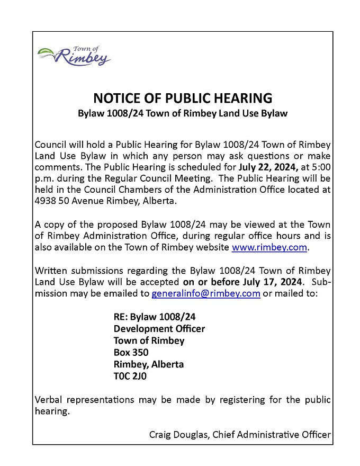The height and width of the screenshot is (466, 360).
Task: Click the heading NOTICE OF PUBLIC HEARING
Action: pyautogui.click(x=183, y=98)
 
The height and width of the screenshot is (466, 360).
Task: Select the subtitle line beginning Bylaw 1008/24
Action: pyautogui.click(x=183, y=113)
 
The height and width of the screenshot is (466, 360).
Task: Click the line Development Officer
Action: pyautogui.click(x=159, y=329)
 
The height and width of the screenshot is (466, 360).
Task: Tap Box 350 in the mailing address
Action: pyautogui.click(x=131, y=353)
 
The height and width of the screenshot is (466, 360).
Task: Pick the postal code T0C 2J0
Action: pyautogui.click(x=130, y=377)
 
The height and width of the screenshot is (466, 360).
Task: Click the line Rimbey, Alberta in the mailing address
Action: pyautogui.click(x=149, y=364)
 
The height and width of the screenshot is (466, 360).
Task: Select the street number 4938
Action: pyautogui.click(x=44, y=202)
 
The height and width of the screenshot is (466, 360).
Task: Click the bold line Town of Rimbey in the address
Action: pyautogui.click(x=149, y=340)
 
